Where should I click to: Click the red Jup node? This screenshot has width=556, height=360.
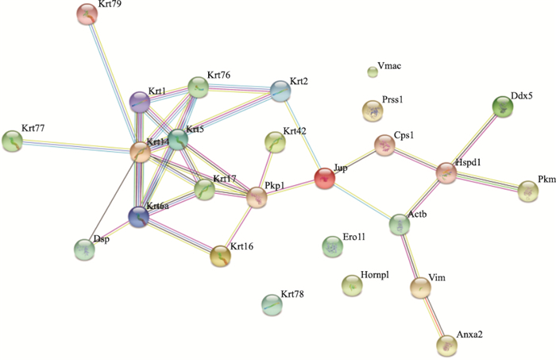pos(324,178)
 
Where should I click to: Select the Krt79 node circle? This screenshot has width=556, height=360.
pos(87,14)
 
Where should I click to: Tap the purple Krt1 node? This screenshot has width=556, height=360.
pos(139,102)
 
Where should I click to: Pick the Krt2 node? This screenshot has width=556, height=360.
pos(280,91)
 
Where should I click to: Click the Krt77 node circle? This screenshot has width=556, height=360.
pos(12,141)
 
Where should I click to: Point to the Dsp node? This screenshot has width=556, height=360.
pos(84,250)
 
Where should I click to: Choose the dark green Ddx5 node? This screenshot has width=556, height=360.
pos(502,106)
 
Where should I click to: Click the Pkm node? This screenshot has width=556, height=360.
pos(527,191)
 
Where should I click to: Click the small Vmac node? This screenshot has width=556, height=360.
pos(372,73)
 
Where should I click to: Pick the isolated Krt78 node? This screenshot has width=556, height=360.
pos(272,303)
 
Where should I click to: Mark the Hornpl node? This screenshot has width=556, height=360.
pos(351,284)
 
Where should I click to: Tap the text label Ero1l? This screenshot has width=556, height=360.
pos(353,237)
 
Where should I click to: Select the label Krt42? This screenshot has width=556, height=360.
pos(295,132)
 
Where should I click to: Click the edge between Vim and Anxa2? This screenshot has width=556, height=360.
pos(434,317)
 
